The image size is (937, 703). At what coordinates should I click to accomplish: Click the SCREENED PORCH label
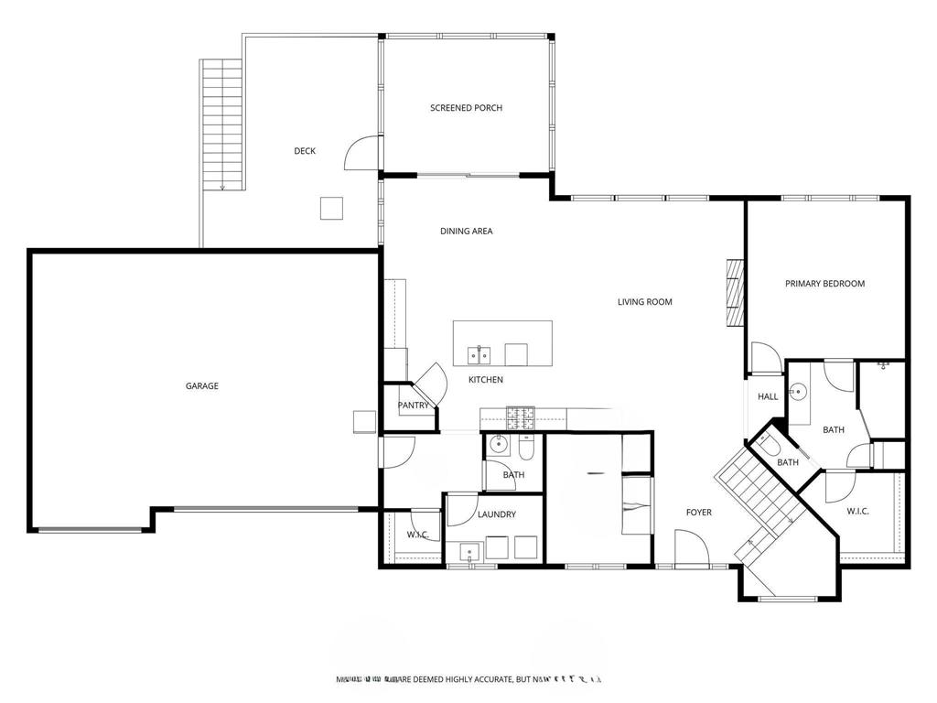tap(466, 108)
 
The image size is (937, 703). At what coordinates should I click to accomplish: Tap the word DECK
tap(305, 151)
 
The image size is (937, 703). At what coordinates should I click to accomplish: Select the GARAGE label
tap(202, 386)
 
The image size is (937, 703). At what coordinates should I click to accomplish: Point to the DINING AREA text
tap(466, 232)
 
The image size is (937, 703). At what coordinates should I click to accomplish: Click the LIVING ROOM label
tap(644, 302)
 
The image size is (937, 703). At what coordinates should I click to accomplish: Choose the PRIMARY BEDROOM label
tap(824, 284)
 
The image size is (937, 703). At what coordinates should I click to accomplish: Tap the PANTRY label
tap(414, 406)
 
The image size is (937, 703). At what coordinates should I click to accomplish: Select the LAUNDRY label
tap(496, 514)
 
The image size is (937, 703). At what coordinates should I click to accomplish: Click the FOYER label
tap(699, 513)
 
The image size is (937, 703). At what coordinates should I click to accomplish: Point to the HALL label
tap(768, 396)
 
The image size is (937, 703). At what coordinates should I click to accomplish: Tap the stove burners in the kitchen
tap(522, 418)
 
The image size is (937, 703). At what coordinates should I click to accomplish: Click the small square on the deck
tap(331, 209)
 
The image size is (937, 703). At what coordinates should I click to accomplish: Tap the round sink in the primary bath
tap(799, 391)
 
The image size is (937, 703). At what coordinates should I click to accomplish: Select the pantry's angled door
tap(432, 383)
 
